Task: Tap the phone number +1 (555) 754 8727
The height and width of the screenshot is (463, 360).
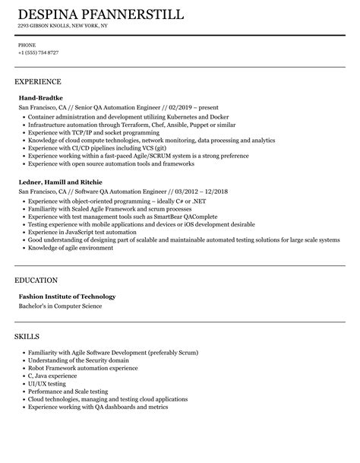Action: point(38,52)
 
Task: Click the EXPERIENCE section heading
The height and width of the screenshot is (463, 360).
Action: point(38,81)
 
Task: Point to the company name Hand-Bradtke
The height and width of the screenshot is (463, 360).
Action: point(41,98)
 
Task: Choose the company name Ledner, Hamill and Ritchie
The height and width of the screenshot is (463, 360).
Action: point(62,182)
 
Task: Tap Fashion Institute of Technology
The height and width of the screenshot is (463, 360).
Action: point(67,275)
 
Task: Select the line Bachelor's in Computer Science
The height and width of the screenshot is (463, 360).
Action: point(60,286)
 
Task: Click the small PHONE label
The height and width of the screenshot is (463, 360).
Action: point(27,45)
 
